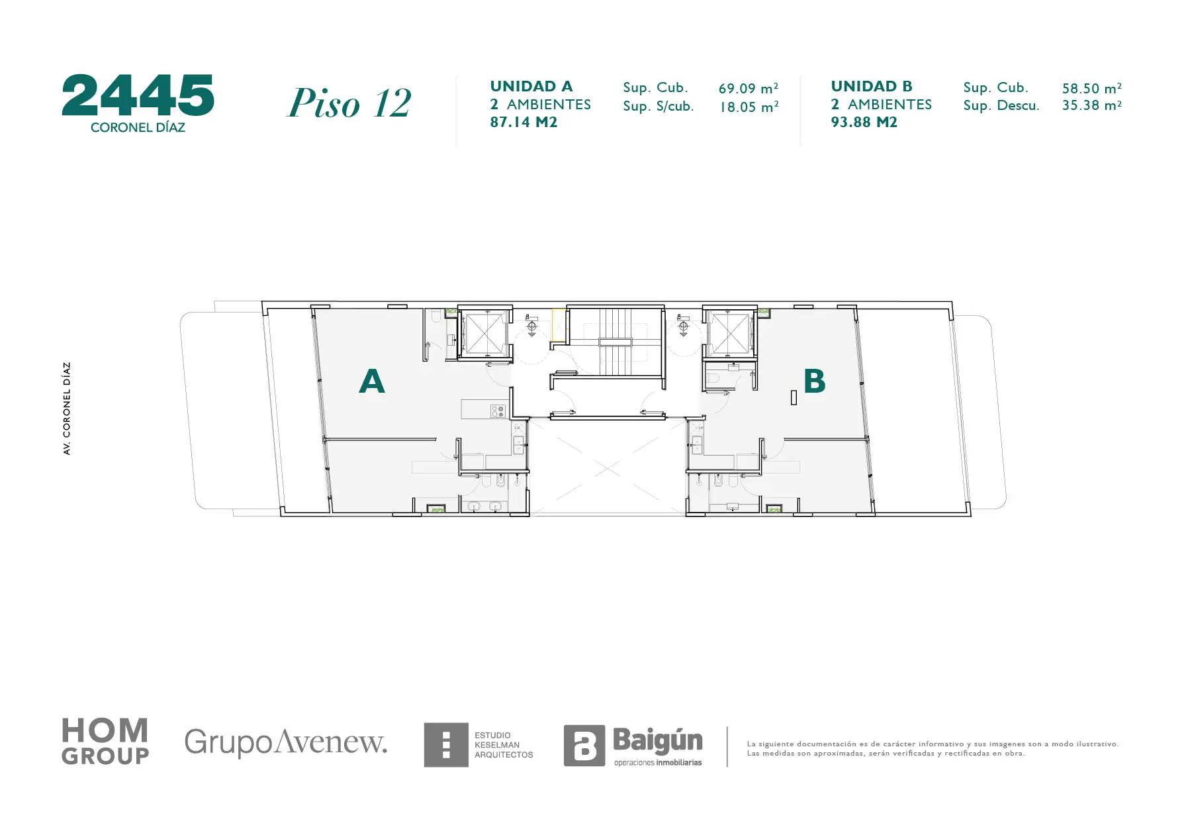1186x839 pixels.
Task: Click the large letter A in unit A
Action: [372, 381]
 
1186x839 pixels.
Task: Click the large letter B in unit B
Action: [815, 381]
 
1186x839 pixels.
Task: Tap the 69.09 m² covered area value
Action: [749, 88]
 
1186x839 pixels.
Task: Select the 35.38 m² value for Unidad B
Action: [1092, 105]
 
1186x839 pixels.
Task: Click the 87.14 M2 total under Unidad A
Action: [524, 122]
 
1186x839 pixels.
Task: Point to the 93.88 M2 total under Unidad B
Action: [864, 122]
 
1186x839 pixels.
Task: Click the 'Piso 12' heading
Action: [349, 103]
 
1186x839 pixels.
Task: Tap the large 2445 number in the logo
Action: [138, 95]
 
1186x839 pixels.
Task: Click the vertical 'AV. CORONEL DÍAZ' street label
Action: [67, 409]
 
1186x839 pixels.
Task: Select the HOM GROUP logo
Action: [105, 742]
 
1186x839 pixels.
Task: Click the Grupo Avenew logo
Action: [286, 742]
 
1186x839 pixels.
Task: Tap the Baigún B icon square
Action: [584, 746]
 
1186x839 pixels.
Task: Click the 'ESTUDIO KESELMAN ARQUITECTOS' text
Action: [504, 745]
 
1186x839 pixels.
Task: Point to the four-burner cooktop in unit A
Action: [498, 412]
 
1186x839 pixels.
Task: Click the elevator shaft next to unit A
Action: [485, 333]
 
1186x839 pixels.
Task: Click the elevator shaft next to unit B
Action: [729, 332]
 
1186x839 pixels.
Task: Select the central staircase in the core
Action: [616, 342]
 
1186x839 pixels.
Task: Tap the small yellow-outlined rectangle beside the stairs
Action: [559, 325]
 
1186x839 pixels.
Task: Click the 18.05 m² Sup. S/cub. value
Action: [749, 107]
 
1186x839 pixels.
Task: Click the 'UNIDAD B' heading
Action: [872, 86]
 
